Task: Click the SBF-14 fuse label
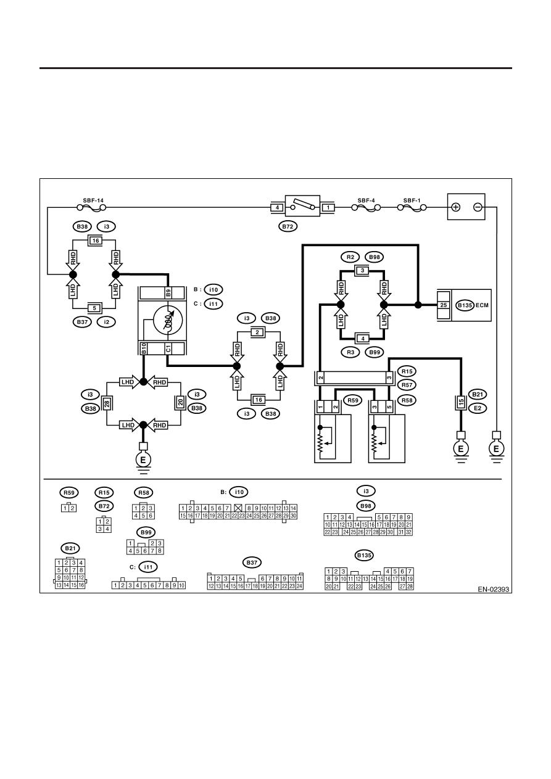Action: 93,200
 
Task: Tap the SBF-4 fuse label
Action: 366,200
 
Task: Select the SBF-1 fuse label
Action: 412,200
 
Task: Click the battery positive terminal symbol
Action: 456,207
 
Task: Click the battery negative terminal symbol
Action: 478,207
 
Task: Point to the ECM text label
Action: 482,305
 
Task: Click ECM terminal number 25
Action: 444,305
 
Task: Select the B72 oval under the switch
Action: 288,227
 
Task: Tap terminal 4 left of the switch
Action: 277,208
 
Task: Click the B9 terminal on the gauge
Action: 168,293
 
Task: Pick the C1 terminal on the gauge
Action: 168,348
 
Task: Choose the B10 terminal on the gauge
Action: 143,348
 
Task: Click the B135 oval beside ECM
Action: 465,305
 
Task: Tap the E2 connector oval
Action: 478,408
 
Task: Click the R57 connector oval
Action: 407,385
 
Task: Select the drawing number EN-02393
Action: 493,589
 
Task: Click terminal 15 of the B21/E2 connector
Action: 461,402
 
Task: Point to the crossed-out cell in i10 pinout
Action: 238,508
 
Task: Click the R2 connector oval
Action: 350,257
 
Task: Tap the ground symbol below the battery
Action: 496,449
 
